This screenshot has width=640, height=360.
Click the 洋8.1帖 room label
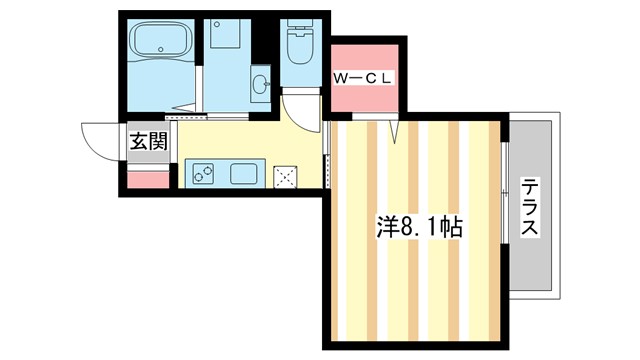[418, 226]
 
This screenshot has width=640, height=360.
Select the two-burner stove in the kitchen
[201, 173]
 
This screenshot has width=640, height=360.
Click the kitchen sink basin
[245, 173]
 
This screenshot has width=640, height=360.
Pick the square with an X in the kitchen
[288, 175]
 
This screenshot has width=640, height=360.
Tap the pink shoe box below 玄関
[148, 179]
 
